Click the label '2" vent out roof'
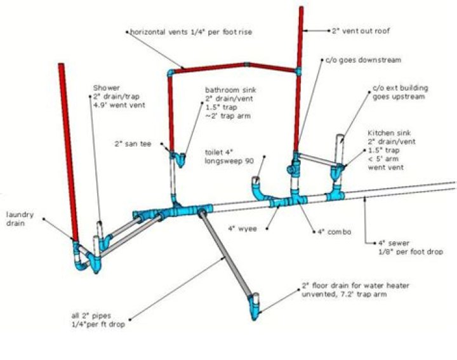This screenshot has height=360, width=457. pyautogui.click(x=361, y=30)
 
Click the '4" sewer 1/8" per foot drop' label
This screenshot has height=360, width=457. pyautogui.click(x=404, y=247)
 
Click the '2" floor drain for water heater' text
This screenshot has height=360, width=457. pyautogui.click(x=355, y=286)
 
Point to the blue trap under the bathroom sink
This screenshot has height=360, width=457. pyautogui.click(x=181, y=158)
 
